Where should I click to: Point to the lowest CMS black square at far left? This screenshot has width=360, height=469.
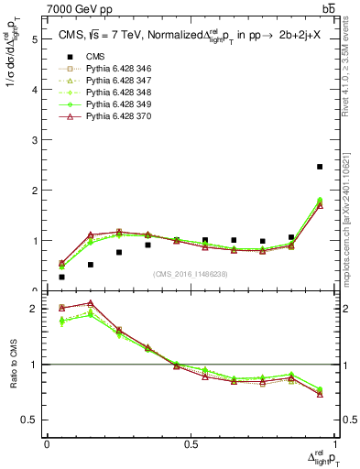tap(61, 277)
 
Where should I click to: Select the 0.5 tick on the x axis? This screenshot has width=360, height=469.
tap(191, 442)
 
